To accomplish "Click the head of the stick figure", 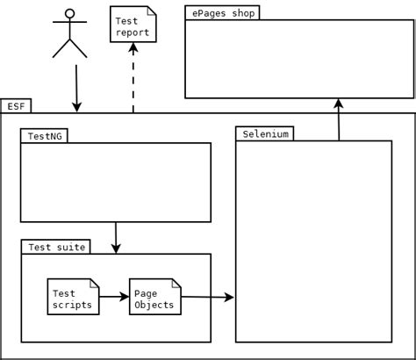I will (70, 14).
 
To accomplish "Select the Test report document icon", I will (133, 24).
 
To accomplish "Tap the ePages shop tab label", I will (223, 13).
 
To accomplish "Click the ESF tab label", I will (16, 106).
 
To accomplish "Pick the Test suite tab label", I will (57, 247).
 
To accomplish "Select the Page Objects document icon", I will (155, 299).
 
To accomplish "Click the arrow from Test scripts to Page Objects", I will (114, 298).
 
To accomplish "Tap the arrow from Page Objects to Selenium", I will (208, 299).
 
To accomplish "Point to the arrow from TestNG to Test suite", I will (116, 237).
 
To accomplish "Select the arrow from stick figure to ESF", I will (76, 88).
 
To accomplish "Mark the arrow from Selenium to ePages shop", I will (338, 119).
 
